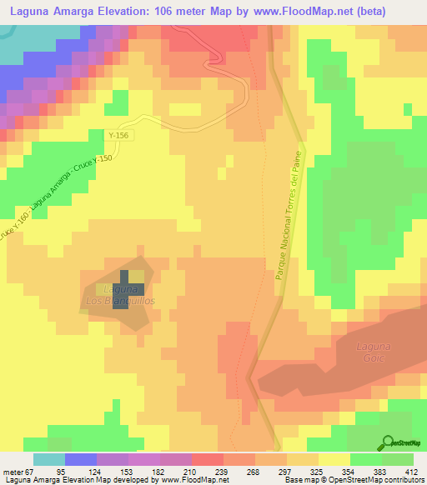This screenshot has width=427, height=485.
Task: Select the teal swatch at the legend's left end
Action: [x=49, y=459]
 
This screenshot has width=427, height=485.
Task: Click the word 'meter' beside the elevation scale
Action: [x=15, y=472]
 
